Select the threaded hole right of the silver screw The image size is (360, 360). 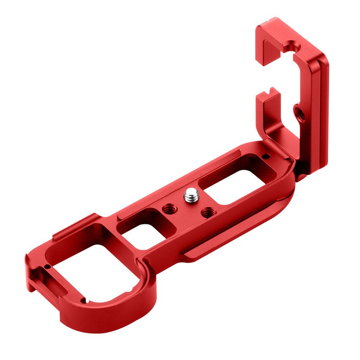(207, 213)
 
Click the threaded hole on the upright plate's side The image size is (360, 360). (299, 113)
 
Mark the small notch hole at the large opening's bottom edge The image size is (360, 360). (84, 300)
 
